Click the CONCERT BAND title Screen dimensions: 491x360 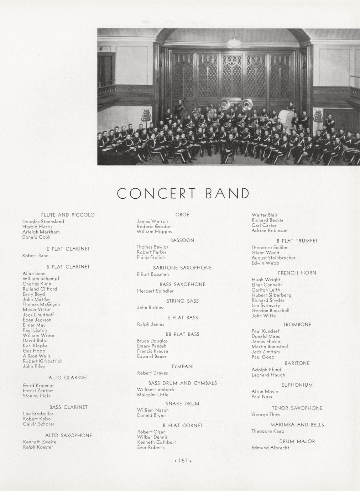click(x=183, y=193)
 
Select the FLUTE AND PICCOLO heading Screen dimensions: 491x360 click(x=68, y=215)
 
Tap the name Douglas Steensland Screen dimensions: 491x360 click(x=43, y=221)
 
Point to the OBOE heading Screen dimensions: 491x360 click(x=182, y=215)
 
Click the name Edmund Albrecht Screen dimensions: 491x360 click(x=270, y=448)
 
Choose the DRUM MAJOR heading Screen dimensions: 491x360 click(x=297, y=442)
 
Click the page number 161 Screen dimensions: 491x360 click(x=183, y=460)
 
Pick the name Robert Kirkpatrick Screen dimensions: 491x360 click(x=42, y=361)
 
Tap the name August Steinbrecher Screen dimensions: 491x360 click(x=273, y=258)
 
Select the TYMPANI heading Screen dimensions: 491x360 click(x=182, y=366)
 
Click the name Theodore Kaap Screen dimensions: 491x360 click(x=268, y=431)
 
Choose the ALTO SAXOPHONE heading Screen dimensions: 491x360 click(x=68, y=435)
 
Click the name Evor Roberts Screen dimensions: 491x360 click(x=151, y=448)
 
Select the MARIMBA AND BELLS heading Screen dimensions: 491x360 click(x=297, y=425)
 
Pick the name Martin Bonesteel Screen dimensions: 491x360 click(x=270, y=346)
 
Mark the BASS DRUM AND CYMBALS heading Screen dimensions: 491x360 click(x=182, y=383)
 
